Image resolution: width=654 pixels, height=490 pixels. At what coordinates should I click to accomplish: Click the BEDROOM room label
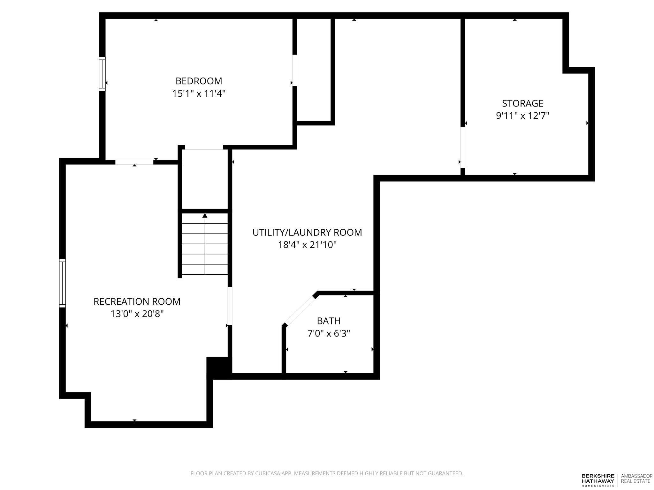tap(199, 81)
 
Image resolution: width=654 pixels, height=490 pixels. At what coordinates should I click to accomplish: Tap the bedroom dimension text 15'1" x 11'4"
tap(199, 93)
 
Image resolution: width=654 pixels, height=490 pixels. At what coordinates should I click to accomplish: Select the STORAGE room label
tap(523, 103)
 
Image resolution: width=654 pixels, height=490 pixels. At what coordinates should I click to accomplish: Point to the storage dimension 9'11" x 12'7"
tap(523, 115)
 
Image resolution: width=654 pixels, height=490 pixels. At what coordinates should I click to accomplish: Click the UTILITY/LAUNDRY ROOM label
tap(307, 232)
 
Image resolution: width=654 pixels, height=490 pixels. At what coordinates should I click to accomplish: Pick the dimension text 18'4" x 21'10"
tap(307, 245)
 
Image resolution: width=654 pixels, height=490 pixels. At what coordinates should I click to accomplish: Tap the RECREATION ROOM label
tap(137, 301)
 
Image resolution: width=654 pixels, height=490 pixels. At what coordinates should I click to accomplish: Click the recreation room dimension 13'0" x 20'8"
tap(137, 314)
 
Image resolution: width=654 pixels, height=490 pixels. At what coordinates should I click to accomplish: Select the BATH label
tap(329, 321)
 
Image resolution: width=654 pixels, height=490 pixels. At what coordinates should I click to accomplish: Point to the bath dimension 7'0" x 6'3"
tap(329, 334)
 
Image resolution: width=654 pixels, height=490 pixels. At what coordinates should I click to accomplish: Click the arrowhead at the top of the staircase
tap(205, 216)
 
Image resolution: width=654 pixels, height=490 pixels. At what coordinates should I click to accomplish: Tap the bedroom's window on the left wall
tap(102, 74)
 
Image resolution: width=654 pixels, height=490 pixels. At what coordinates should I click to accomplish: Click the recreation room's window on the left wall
tap(63, 283)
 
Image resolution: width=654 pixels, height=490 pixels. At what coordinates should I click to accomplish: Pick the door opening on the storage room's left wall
tap(463, 147)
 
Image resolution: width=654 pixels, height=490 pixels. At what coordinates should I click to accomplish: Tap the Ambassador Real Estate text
tap(637, 479)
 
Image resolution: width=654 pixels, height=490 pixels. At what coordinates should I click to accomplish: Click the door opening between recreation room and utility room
tap(230, 306)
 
